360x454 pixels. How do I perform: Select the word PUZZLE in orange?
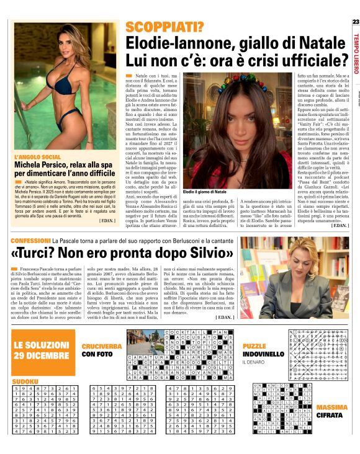click(254, 345)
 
